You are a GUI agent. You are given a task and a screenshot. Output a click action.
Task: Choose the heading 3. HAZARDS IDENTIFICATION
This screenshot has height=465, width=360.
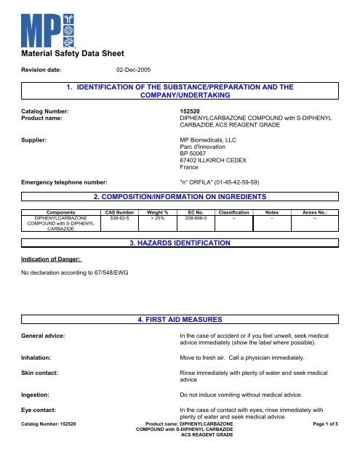(180, 242)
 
